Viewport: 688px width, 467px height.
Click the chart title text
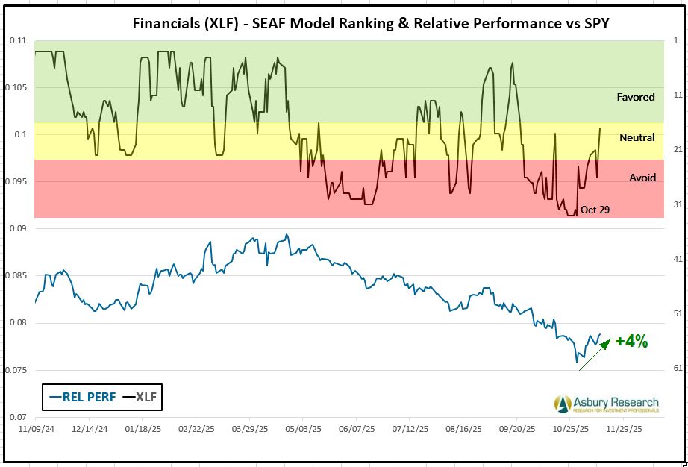click(370, 22)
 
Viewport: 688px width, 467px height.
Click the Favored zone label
click(636, 97)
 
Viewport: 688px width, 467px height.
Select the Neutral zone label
click(637, 137)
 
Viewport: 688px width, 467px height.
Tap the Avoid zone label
click(642, 178)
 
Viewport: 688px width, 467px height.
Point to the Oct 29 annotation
click(595, 210)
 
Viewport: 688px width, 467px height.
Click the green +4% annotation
click(631, 342)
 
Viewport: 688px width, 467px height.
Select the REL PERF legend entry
click(83, 397)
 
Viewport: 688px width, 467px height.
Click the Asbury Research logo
click(607, 404)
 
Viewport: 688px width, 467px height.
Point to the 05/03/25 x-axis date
click(304, 430)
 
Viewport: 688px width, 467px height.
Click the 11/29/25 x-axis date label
click(624, 430)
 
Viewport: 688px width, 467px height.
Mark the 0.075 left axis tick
click(16, 371)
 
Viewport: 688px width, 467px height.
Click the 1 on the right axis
click(675, 40)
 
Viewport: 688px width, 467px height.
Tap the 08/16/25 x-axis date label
click(463, 430)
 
